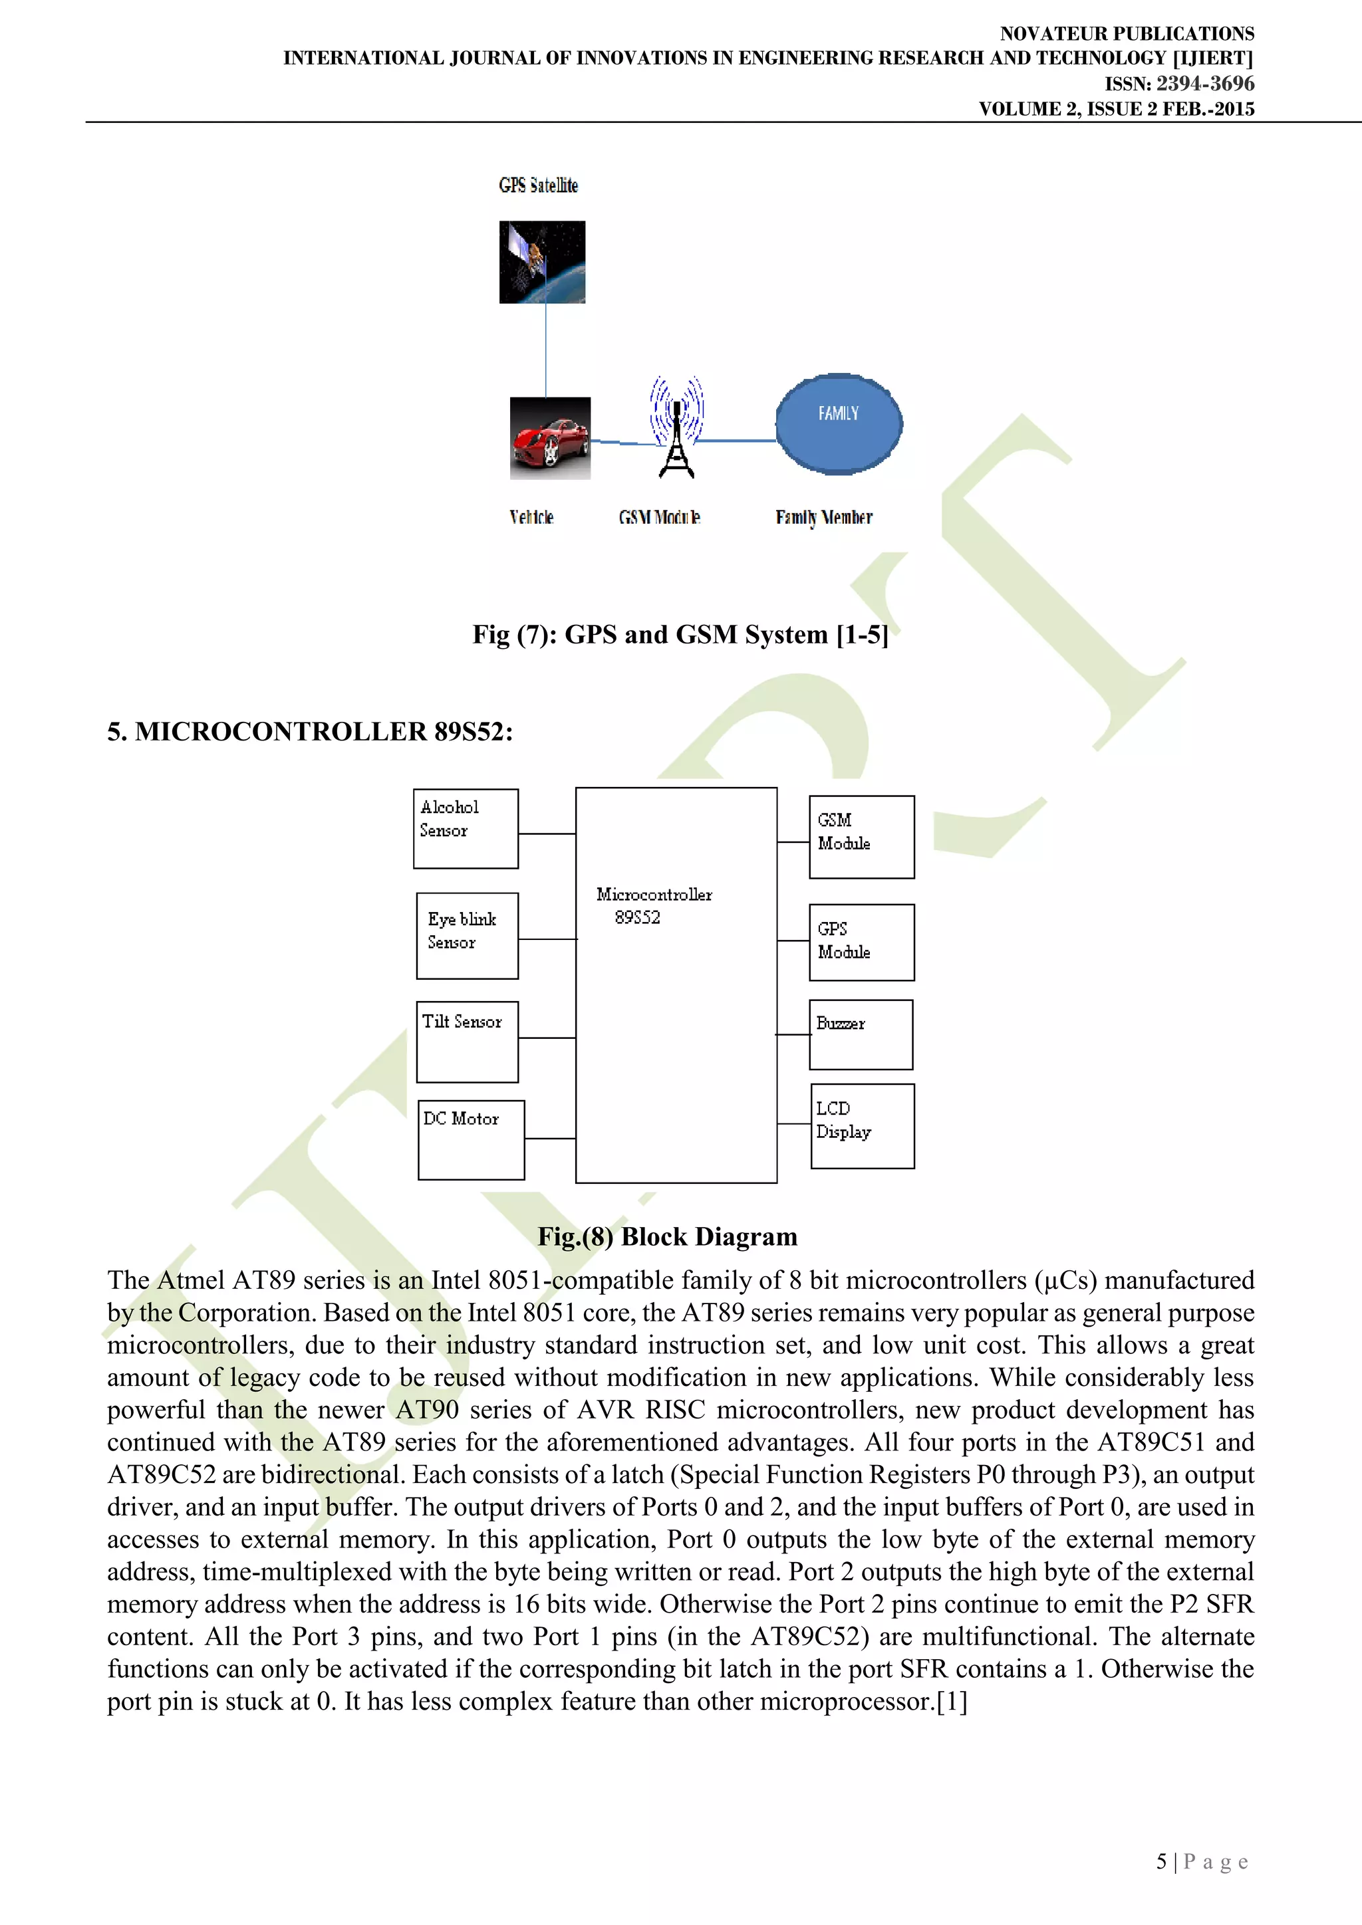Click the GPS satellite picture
542,262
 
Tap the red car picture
550,439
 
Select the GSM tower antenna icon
677,427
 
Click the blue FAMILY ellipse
839,423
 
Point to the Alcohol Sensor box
466,828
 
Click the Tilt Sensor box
467,1042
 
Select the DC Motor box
472,1139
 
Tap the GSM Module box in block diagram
861,837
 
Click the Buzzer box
861,1034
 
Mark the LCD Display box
862,1125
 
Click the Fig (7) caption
679,635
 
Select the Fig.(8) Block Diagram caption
668,1236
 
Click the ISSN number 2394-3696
1204,84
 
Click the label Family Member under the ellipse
823,517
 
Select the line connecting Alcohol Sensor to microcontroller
547,834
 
